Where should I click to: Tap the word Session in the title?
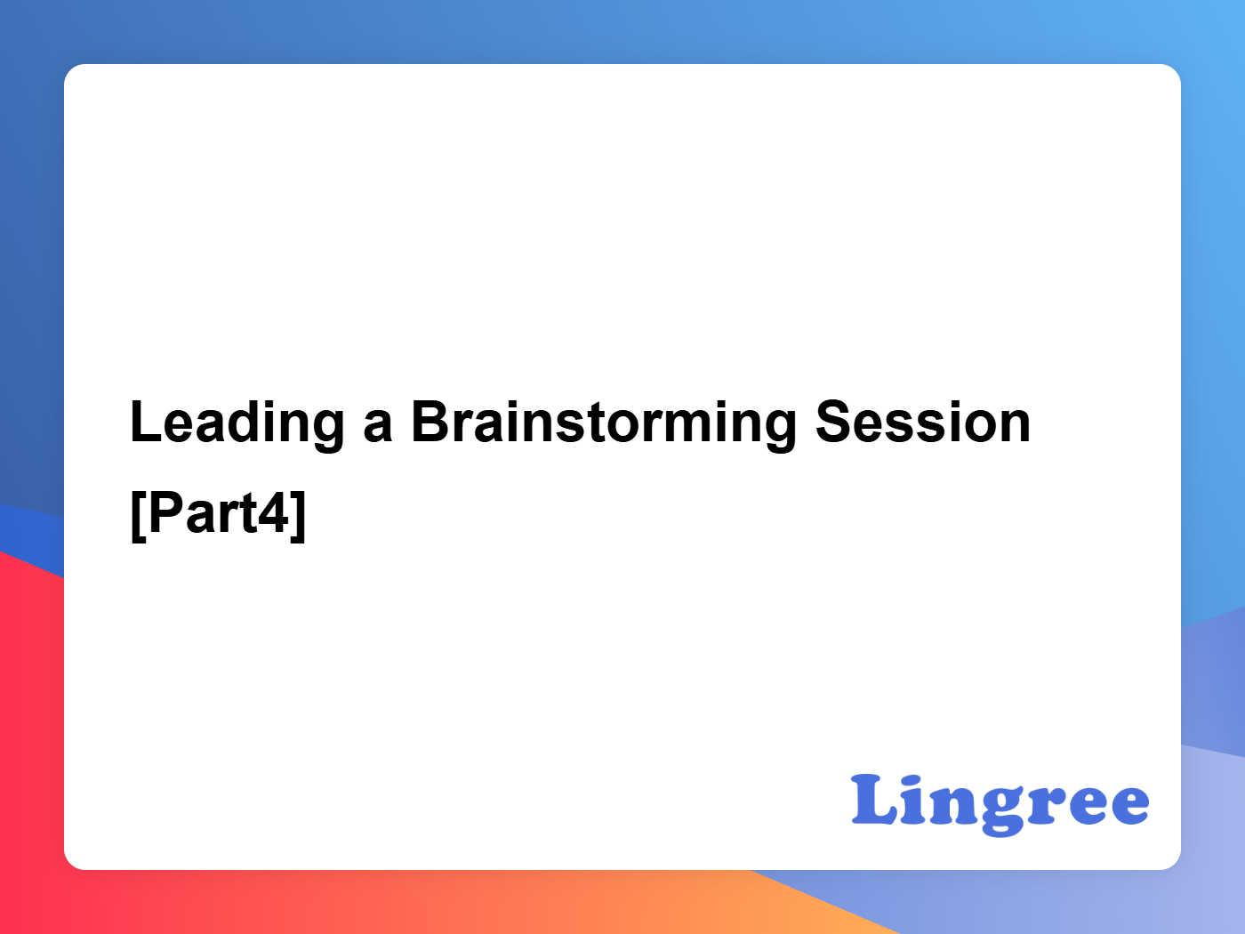pos(923,422)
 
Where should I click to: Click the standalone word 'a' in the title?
pos(378,427)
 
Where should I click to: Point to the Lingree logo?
pos(1000,804)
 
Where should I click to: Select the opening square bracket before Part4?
pos(139,516)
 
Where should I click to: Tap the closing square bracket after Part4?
pos(299,516)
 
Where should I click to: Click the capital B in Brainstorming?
pos(430,422)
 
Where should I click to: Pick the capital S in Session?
pos(834,422)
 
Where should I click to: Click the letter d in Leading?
pos(250,422)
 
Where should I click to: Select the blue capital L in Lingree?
pos(874,799)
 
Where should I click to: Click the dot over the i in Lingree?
pos(915,780)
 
